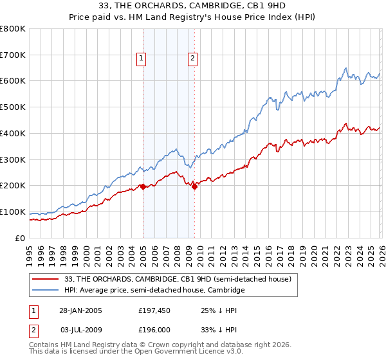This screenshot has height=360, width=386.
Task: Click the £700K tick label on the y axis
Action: [x=13, y=55]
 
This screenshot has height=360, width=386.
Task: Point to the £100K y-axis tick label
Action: [x=13, y=212]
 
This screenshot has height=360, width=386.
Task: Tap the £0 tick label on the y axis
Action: [x=21, y=238]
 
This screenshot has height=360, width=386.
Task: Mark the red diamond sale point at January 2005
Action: [x=143, y=186]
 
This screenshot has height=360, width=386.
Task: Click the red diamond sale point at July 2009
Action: [x=194, y=187]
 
